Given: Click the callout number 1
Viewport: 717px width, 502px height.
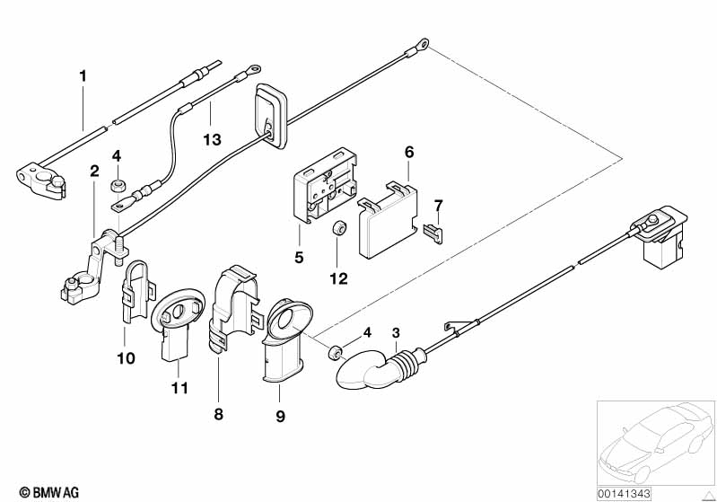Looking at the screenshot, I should coord(83,77).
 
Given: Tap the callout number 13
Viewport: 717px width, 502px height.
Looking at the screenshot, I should coord(211,139).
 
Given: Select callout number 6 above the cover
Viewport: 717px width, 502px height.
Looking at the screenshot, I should coord(409,153).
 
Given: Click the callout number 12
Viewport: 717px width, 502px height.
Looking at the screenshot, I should coord(337,279).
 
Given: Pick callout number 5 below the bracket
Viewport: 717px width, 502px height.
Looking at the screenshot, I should coord(299,257).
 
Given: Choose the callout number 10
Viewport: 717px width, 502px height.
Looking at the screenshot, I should coord(125,358).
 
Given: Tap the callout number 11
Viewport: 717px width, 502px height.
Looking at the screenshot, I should coord(180,388).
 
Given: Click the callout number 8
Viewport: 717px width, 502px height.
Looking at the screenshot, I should coord(218,414).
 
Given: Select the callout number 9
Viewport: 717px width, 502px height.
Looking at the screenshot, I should coord(279,416).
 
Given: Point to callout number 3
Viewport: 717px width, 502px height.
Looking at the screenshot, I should coord(396,334).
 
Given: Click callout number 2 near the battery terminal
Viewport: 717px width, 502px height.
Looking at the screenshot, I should coord(93,171).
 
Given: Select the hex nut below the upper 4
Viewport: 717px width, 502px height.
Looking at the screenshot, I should coord(117,186).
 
